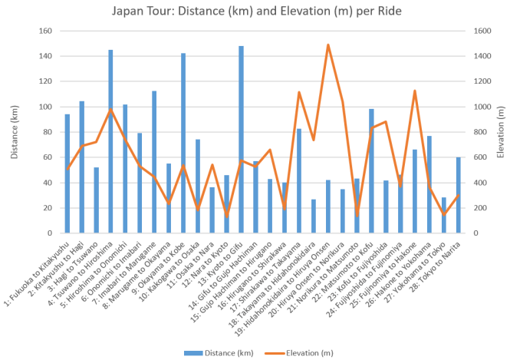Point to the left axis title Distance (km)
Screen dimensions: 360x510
click(x=13, y=132)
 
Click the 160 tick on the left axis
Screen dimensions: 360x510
click(x=45, y=31)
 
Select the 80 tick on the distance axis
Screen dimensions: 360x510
click(x=48, y=132)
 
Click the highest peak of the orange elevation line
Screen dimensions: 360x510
click(x=328, y=45)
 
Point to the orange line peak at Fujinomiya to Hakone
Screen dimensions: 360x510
click(x=415, y=91)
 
